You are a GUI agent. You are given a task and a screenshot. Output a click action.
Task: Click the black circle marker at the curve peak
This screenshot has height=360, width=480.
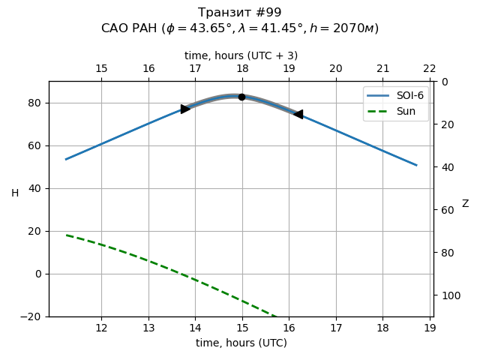(241, 97)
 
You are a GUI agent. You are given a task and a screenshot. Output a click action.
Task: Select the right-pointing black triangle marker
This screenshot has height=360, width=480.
(185, 109)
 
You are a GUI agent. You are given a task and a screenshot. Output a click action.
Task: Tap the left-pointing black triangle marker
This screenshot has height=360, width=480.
(298, 114)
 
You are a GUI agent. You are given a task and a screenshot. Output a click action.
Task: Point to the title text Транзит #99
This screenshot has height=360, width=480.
(240, 13)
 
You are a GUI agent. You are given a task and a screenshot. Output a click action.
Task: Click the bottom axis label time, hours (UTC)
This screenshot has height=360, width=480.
(241, 343)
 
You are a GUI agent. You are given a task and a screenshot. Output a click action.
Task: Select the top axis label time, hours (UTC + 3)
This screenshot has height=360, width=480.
(241, 55)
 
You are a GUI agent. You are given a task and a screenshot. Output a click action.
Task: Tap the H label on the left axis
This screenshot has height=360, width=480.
(15, 193)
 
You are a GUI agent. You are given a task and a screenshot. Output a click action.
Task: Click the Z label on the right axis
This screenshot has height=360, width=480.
(465, 204)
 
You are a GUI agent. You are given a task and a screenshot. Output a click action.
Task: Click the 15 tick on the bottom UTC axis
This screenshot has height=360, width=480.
(241, 328)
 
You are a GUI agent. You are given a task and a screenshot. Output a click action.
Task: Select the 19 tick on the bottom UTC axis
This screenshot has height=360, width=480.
(430, 328)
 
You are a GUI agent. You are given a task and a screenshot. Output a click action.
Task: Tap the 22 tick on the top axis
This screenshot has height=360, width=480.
(430, 69)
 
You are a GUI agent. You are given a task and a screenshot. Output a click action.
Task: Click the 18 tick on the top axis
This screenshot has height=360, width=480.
(242, 69)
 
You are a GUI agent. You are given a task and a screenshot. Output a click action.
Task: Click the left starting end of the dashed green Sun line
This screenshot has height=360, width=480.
(66, 235)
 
